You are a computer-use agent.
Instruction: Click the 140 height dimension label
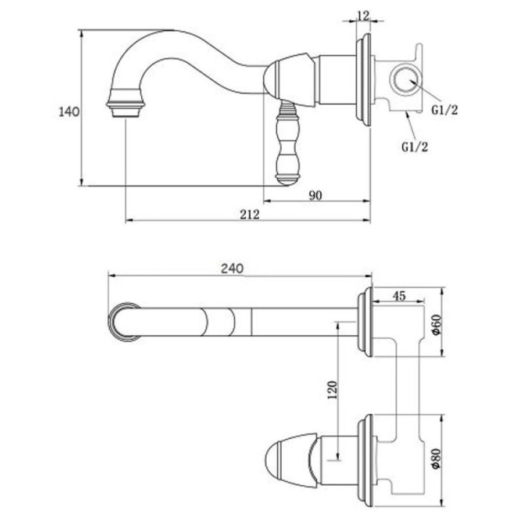(69, 112)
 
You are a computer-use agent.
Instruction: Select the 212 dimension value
(249, 214)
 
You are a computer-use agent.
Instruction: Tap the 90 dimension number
(315, 195)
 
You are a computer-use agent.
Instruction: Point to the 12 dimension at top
(363, 15)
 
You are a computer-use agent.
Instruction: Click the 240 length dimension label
(232, 268)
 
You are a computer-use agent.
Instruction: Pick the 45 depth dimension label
(399, 296)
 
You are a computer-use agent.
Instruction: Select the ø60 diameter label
(436, 324)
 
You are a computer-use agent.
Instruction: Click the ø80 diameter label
(436, 458)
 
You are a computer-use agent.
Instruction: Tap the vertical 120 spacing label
(332, 389)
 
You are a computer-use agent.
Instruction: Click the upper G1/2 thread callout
(445, 109)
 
